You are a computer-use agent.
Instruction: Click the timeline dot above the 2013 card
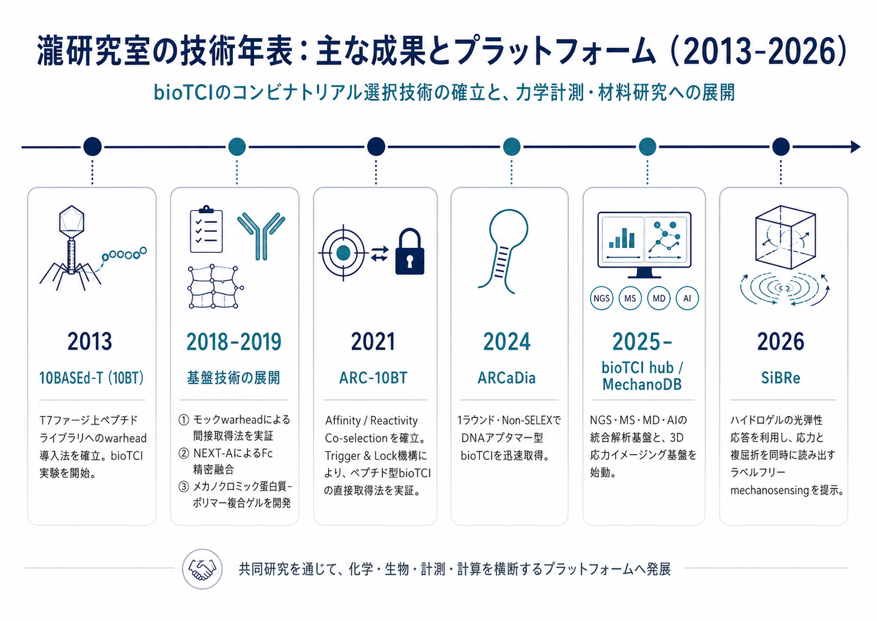pyautogui.click(x=92, y=147)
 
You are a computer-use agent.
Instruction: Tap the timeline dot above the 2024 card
pyautogui.click(x=511, y=147)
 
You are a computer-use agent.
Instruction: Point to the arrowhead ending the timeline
pyautogui.click(x=855, y=147)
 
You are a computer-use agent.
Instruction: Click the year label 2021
pyautogui.click(x=373, y=341)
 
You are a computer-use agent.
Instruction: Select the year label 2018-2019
pyautogui.click(x=234, y=341)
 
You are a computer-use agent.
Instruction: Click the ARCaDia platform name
pyautogui.click(x=506, y=378)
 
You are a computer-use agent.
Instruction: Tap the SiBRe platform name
pyautogui.click(x=781, y=378)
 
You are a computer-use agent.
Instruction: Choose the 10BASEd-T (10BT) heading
pyautogui.click(x=91, y=378)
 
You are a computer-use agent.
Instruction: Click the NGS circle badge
pyautogui.click(x=601, y=298)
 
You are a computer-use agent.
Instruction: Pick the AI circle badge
pyautogui.click(x=687, y=298)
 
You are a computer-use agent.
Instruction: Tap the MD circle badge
pyautogui.click(x=659, y=298)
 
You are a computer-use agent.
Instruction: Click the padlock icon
pyautogui.click(x=409, y=251)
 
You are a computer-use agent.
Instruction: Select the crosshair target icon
pyautogui.click(x=343, y=253)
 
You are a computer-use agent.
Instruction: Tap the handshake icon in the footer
pyautogui.click(x=202, y=569)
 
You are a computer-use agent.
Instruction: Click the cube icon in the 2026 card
pyautogui.click(x=785, y=237)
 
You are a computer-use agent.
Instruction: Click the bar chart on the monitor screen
pyautogui.click(x=622, y=238)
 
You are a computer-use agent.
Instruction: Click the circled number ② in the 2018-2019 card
pyautogui.click(x=184, y=453)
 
